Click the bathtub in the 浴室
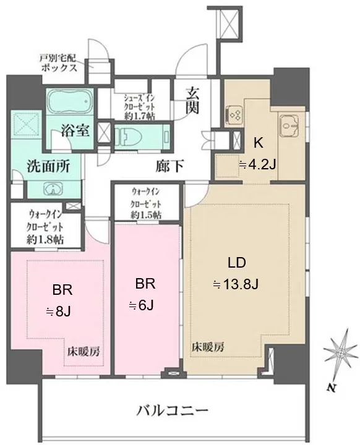coord(70,102)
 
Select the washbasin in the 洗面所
coord(52,189)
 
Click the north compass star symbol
coord(341,353)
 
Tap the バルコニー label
coord(172,410)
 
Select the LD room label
coord(237,263)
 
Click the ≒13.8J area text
coord(236,284)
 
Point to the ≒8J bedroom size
coord(59,312)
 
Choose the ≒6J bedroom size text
coord(142,306)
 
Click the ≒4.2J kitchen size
coord(257,164)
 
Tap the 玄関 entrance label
coord(192,101)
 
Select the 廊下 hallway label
coord(169,166)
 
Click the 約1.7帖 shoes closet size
coord(139,116)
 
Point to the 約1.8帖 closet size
coord(45,240)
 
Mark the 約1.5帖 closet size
coord(146,214)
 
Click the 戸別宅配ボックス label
coord(59,63)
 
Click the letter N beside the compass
coord(330,388)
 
